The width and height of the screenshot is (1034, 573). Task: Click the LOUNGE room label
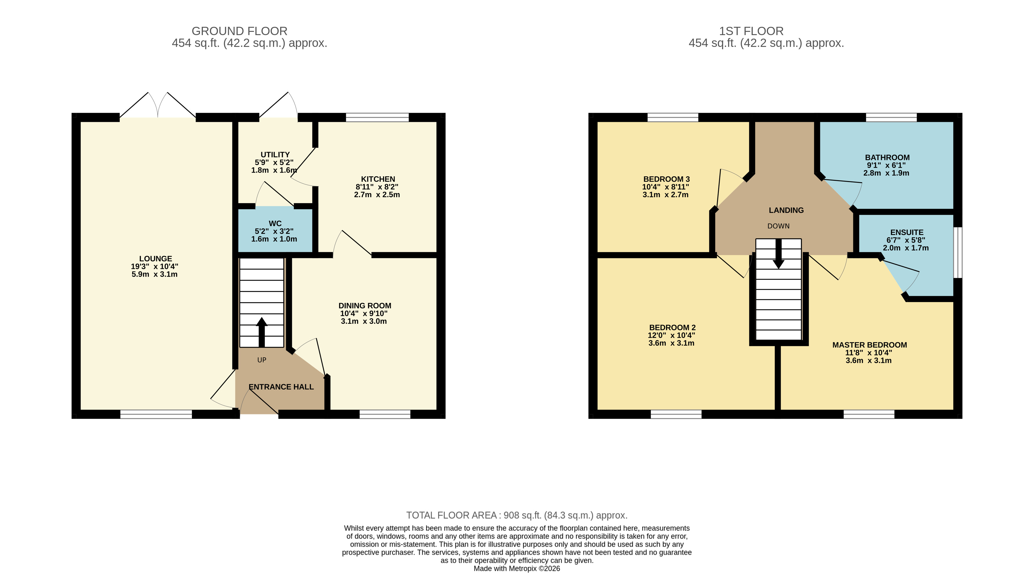click(x=155, y=259)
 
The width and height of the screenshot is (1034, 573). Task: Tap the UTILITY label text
click(x=275, y=155)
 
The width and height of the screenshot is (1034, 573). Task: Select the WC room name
click(x=275, y=224)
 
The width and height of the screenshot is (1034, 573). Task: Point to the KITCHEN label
click(x=378, y=179)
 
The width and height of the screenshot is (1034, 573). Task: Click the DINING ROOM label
click(x=364, y=306)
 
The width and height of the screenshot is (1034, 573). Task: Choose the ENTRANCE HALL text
click(x=281, y=387)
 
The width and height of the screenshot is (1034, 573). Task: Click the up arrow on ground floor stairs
click(x=262, y=332)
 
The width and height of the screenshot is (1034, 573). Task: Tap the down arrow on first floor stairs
click(x=779, y=254)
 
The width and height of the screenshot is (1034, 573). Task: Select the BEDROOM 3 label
click(x=666, y=179)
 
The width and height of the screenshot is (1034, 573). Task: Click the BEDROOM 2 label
click(x=672, y=328)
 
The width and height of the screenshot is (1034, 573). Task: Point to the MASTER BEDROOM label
click(x=869, y=345)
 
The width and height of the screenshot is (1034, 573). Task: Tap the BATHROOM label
click(x=887, y=157)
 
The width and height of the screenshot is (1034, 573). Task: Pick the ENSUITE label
click(x=907, y=232)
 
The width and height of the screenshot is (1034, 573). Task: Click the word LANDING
click(x=786, y=210)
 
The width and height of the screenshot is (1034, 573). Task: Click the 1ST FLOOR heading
click(x=751, y=31)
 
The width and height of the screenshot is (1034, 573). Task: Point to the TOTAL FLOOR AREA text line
click(x=517, y=515)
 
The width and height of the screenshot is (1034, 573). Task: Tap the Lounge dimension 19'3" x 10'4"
click(x=154, y=267)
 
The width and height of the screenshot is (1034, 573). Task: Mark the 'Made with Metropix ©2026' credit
click(x=517, y=569)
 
